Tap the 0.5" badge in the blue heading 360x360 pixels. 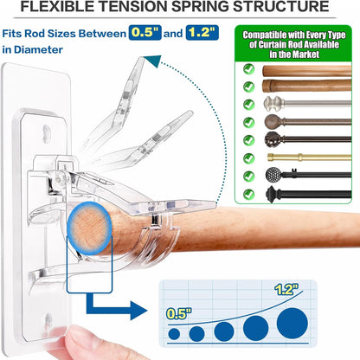145,33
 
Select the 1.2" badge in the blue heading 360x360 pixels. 202,33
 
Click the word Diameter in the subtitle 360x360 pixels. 38,49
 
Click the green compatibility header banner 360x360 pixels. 293,44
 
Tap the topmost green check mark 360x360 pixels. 248,69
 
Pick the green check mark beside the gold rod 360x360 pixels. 248,158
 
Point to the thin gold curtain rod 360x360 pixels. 309,157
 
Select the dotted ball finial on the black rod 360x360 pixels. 273,174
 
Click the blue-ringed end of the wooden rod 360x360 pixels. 89,228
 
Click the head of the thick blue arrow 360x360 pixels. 138,311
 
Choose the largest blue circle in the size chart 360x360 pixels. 292,323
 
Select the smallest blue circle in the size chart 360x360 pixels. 174,334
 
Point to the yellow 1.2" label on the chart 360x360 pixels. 286,289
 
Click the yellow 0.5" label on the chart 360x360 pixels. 179,313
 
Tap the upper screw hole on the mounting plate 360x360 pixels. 47,132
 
